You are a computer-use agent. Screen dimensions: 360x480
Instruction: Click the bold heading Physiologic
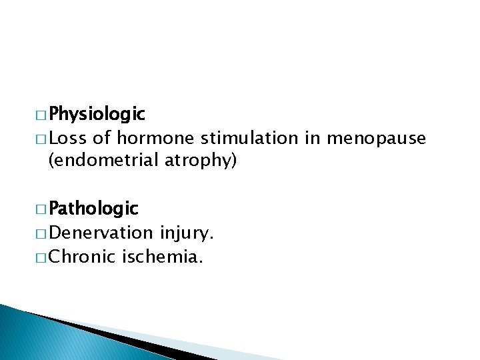pyautogui.click(x=97, y=114)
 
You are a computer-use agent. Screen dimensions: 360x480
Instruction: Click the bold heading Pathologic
pyautogui.click(x=93, y=209)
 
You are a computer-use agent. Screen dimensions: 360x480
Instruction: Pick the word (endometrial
pyautogui.click(x=102, y=161)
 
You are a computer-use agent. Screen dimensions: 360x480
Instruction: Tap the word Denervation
pyautogui.click(x=101, y=233)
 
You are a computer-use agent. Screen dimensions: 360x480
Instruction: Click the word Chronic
pyautogui.click(x=83, y=256)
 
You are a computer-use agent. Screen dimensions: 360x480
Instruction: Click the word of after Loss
pyautogui.click(x=102, y=138)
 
